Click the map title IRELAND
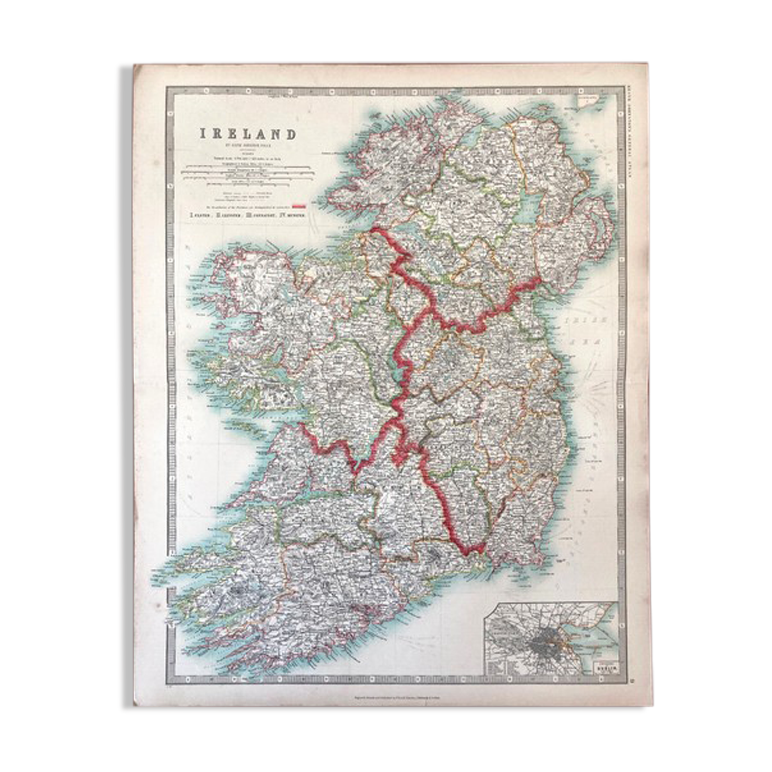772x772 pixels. coord(247,134)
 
